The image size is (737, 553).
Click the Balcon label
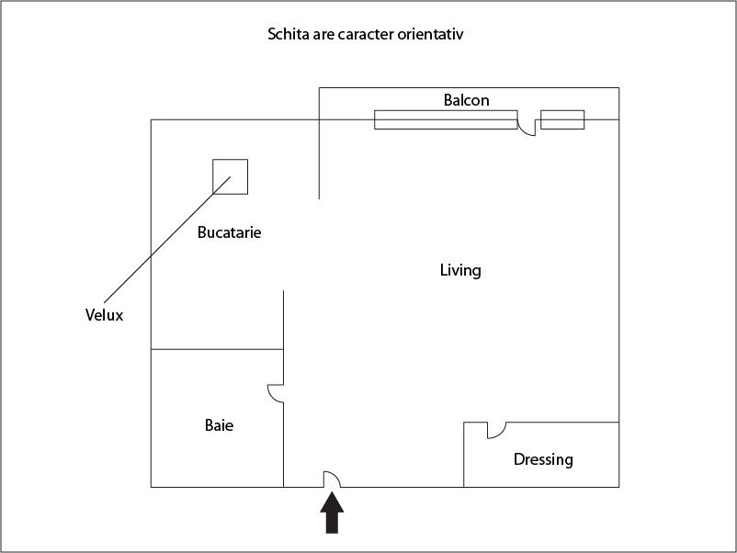[466, 100]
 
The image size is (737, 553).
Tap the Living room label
[460, 270]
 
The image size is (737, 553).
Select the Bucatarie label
[229, 232]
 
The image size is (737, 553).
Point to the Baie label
[219, 425]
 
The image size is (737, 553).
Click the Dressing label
[543, 459]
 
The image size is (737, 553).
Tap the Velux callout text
[104, 315]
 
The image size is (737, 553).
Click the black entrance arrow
[332, 513]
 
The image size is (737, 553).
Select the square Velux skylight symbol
[231, 176]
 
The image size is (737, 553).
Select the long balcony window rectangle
[446, 119]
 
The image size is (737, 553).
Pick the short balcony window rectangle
[562, 119]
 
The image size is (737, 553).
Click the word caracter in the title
[366, 34]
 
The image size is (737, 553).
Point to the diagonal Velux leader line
[167, 240]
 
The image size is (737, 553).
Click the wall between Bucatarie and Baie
[217, 350]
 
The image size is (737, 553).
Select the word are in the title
[323, 35]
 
